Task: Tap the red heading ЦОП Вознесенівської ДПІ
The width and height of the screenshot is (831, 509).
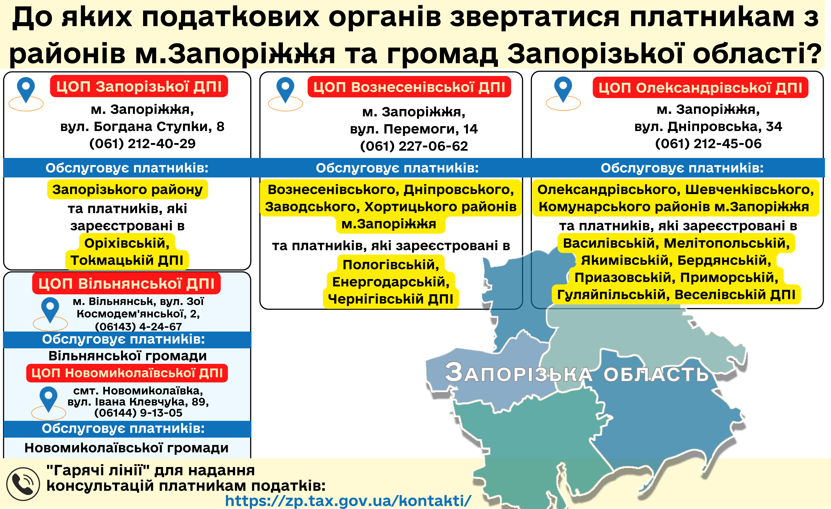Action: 409,87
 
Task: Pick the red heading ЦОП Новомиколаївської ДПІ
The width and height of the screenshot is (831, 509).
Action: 127,373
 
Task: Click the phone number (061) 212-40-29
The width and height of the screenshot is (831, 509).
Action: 142,144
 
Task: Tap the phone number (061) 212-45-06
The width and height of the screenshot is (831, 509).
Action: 708,144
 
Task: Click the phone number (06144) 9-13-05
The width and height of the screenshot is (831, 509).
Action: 138,413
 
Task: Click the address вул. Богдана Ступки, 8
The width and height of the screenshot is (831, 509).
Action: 142,126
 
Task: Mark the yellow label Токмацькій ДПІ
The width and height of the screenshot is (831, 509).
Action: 127,260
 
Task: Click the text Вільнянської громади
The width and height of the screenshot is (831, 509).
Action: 127,356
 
